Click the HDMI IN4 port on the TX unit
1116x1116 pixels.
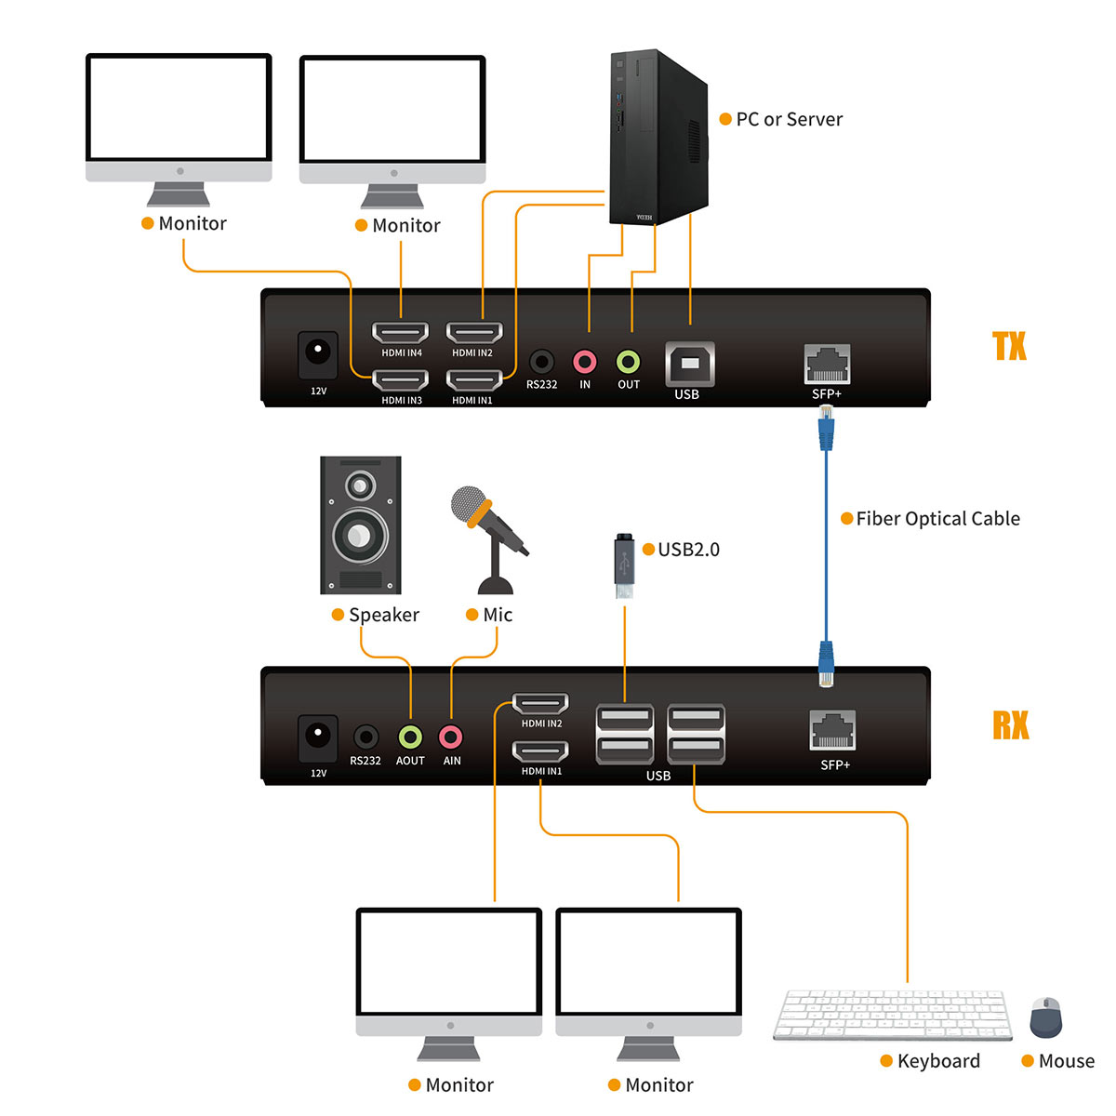[400, 333]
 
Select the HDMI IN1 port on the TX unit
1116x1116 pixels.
[474, 380]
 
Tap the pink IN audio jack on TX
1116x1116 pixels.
[584, 362]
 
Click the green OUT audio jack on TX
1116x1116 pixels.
[629, 362]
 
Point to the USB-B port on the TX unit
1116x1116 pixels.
[689, 364]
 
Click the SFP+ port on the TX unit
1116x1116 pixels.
[827, 365]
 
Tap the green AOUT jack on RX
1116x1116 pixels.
[410, 737]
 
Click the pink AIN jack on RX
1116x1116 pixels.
[451, 737]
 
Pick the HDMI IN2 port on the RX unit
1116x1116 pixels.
[541, 704]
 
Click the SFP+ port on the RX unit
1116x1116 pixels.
[833, 731]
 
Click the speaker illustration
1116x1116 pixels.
[361, 525]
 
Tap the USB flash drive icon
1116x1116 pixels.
[624, 567]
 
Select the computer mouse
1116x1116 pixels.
[1045, 1017]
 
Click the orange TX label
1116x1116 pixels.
[1009, 346]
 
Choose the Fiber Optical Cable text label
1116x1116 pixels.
[937, 519]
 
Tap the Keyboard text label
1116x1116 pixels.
[938, 1061]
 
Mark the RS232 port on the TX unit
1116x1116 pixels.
[541, 362]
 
